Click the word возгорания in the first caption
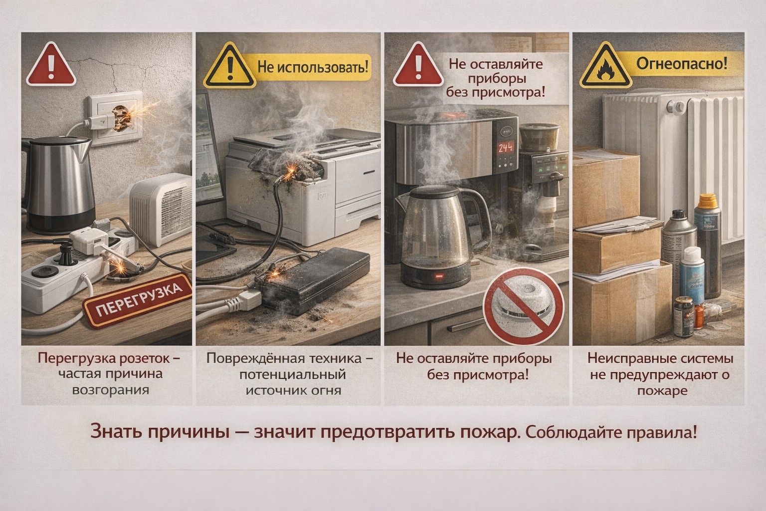(x=111, y=389)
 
